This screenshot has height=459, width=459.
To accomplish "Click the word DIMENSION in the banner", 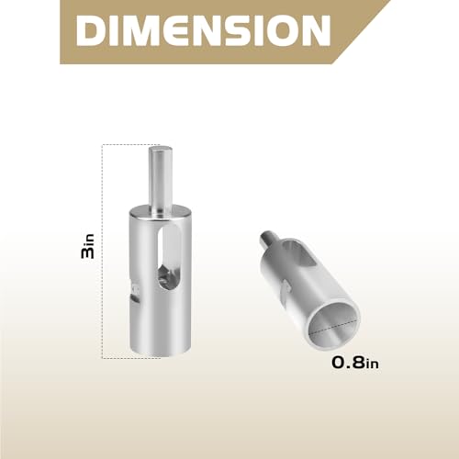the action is tap(203, 30).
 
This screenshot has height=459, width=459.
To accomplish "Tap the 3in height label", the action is tap(87, 246).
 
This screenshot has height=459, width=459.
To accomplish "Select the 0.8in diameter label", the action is tap(355, 363).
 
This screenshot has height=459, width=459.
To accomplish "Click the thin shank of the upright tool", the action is tap(160, 177).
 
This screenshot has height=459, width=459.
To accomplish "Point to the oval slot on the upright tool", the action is tap(169, 259).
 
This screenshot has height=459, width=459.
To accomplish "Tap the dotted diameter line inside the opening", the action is tap(333, 326).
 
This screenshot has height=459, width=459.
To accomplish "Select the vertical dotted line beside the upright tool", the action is tap(102, 251).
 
